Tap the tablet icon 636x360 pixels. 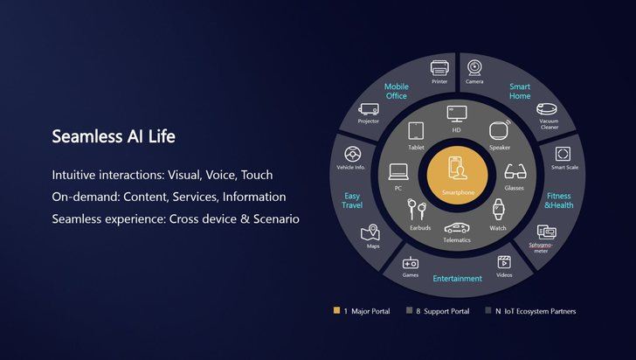coord(416,130)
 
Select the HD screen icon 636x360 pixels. coord(455,114)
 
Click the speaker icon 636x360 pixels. coord(499,131)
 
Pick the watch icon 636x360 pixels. coord(498,210)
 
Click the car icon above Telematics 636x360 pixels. coord(455,226)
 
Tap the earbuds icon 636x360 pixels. coord(416,211)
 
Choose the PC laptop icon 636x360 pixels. coord(398,170)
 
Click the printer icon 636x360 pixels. coord(439,66)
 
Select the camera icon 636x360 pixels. coord(474,66)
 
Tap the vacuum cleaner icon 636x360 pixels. coord(548,109)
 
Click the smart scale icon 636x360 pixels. coord(562,154)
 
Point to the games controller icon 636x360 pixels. coord(410,263)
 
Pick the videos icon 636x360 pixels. coord(504,261)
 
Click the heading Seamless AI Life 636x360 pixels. coord(114,137)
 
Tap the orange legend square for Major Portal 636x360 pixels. coord(337,311)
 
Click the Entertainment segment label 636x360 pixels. coord(457,279)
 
